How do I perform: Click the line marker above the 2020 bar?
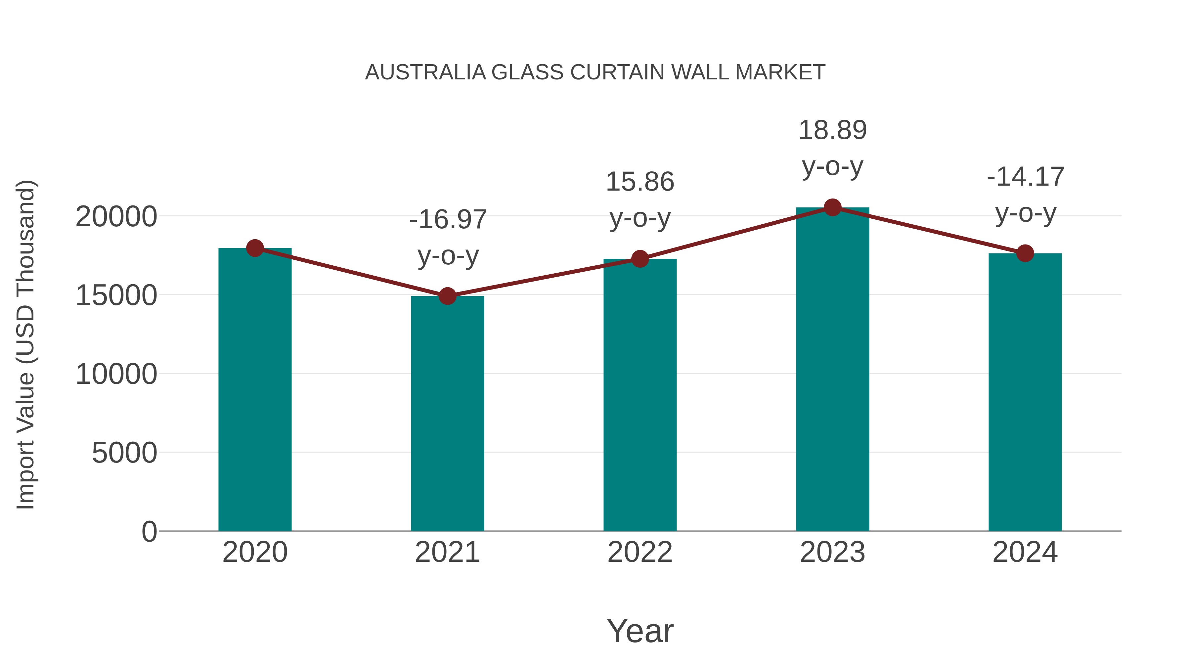coord(255,248)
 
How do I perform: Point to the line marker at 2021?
coord(447,296)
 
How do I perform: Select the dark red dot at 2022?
coord(640,259)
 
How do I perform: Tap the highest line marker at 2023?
coord(832,207)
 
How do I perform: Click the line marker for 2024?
coord(1025,253)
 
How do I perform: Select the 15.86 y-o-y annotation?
coord(640,182)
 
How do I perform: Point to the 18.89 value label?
coord(832,130)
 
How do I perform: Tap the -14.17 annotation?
coord(1025,177)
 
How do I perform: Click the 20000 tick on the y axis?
coord(116,216)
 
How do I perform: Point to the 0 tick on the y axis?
coord(149,531)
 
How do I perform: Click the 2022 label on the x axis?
coord(640,552)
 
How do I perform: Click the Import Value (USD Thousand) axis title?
coord(26,344)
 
